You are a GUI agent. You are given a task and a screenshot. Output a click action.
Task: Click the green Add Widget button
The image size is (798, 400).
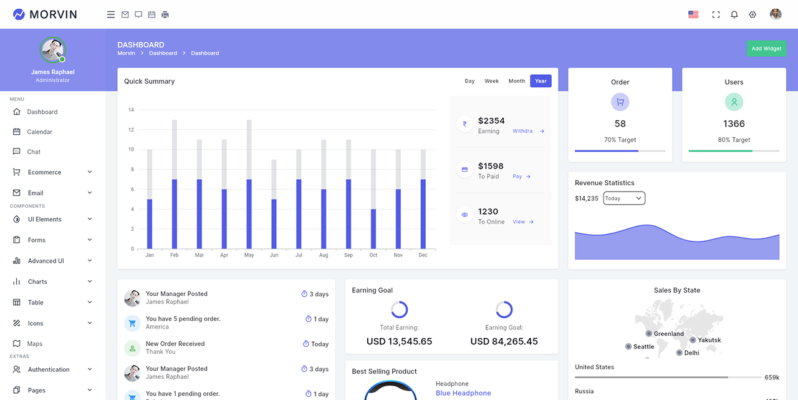(x=766, y=49)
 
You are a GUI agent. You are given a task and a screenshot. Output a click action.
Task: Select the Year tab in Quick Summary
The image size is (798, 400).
(x=541, y=81)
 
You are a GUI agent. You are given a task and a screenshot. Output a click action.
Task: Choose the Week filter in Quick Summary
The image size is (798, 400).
(x=491, y=81)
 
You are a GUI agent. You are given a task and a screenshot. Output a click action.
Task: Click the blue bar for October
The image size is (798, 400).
(x=373, y=228)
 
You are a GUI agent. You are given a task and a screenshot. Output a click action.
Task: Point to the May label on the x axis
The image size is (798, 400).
(x=249, y=255)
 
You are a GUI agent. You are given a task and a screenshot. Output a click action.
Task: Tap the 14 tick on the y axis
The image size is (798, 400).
(x=131, y=110)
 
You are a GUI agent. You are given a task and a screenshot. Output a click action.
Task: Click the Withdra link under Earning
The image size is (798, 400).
(x=522, y=131)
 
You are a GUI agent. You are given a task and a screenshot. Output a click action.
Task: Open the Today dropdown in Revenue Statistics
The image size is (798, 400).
(x=623, y=198)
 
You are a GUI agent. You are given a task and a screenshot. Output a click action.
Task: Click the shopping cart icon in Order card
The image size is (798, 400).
(x=620, y=102)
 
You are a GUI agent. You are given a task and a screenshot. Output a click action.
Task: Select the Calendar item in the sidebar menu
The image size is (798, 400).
(x=39, y=132)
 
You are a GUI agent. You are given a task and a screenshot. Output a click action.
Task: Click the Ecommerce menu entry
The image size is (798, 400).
(x=44, y=172)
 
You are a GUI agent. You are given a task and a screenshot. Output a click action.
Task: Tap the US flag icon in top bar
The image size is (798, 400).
(x=693, y=14)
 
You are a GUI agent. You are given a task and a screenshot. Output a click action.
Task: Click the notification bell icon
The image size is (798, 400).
(x=734, y=14)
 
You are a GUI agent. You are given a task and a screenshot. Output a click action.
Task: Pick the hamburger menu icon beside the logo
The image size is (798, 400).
(x=111, y=14)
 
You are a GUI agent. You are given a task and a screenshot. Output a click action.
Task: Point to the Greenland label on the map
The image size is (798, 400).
(x=668, y=334)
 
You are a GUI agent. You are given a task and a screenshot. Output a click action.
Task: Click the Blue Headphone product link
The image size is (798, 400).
(x=463, y=393)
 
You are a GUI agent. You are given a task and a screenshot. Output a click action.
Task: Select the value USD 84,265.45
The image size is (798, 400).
(x=504, y=341)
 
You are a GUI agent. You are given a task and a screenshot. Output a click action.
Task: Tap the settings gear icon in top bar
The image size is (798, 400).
(x=752, y=14)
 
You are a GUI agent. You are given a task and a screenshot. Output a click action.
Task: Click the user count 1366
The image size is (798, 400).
(x=734, y=124)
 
